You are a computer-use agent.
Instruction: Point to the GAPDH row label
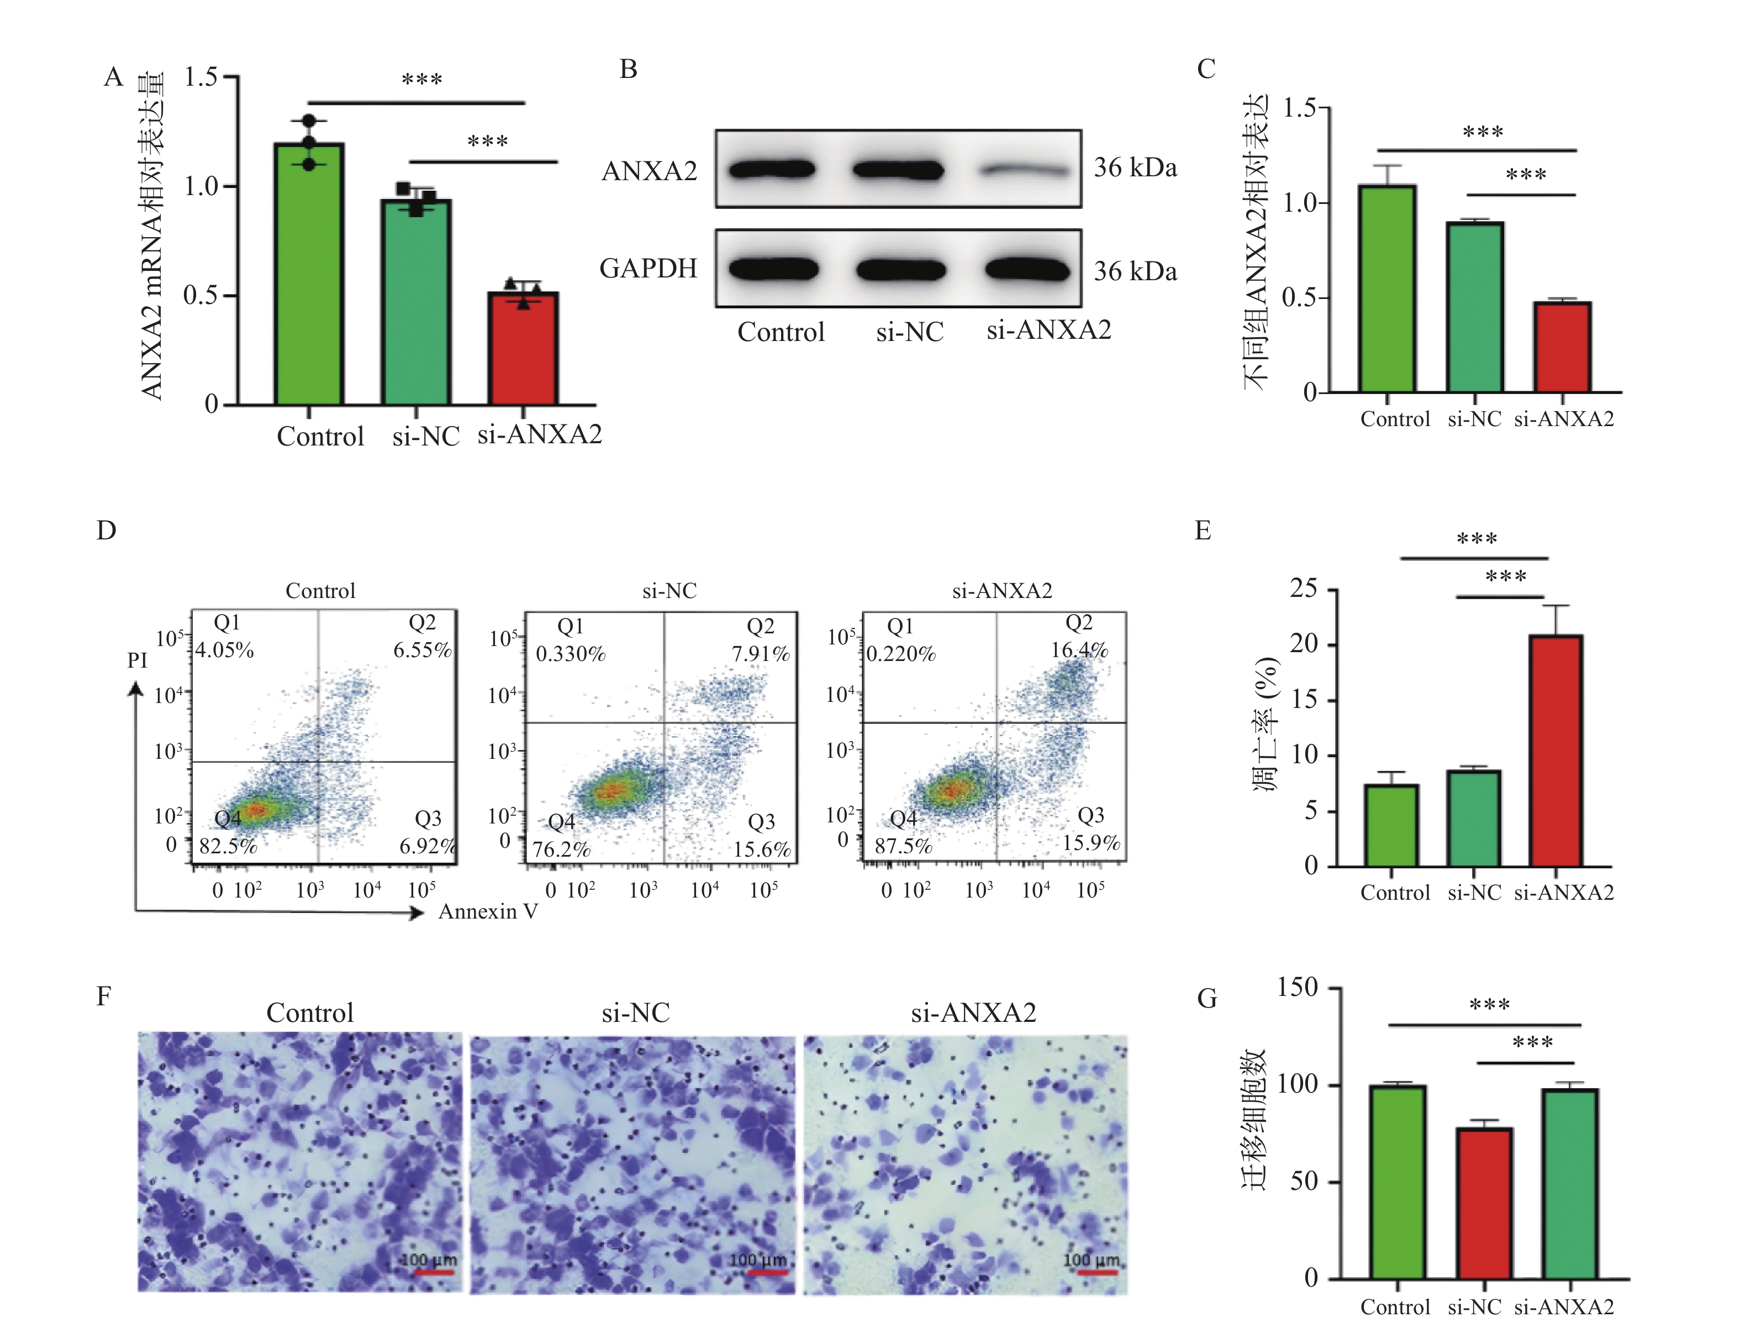coord(648,269)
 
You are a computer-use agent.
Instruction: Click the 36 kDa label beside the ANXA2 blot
coord(1135,167)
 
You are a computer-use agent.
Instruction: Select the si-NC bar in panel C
coord(1475,307)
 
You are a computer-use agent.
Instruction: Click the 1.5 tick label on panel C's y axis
coord(1300,107)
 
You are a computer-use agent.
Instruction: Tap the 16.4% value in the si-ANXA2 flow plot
coord(1079,650)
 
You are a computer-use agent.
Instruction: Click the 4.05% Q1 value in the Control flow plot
coord(225,650)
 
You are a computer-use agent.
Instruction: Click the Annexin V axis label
coord(488,911)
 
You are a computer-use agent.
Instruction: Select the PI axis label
coord(137,659)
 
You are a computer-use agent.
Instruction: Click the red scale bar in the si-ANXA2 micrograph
coord(1096,1272)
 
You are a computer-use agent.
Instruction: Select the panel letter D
coord(106,531)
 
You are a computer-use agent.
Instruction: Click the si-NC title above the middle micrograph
coord(636,1012)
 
